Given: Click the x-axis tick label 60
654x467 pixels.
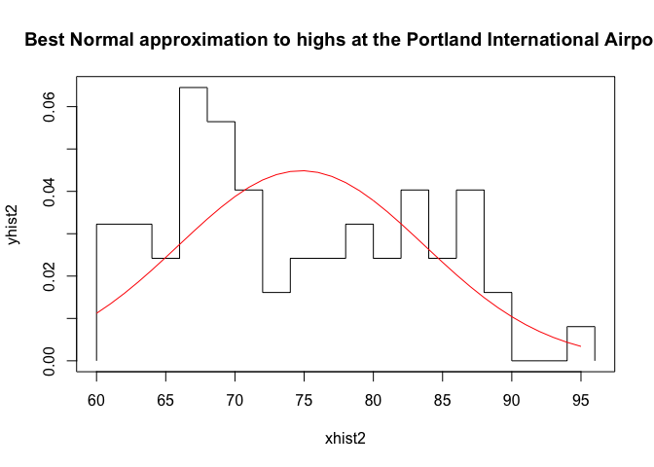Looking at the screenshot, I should tap(96, 401).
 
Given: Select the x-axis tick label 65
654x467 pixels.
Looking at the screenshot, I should tap(165, 401).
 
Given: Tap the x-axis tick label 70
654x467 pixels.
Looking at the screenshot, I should tap(235, 401).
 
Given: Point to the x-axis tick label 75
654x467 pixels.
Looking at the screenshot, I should tap(304, 401).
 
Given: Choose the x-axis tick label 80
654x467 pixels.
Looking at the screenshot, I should tap(373, 401).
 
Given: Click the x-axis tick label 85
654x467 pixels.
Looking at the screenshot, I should tap(442, 401).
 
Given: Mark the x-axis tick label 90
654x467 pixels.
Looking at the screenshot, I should tap(511, 401).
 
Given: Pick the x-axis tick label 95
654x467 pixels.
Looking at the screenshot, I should tap(580, 401).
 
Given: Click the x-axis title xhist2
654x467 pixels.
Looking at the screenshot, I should tap(345, 439).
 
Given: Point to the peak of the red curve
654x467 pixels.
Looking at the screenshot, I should tap(303, 170).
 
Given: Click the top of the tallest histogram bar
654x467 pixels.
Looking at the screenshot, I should tap(193, 88).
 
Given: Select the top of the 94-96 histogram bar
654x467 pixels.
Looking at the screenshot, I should tap(580, 327).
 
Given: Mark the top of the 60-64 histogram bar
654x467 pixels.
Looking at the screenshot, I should tap(124, 224).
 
